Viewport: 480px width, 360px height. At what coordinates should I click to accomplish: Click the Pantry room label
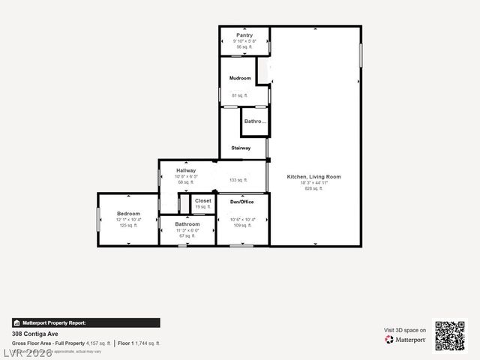(x=244, y=35)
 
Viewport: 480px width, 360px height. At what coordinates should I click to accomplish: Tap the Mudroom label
(x=240, y=78)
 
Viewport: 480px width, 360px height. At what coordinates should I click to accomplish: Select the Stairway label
(x=241, y=148)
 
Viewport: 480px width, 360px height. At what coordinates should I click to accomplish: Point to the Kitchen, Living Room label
(x=313, y=177)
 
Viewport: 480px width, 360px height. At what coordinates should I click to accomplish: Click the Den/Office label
(x=241, y=202)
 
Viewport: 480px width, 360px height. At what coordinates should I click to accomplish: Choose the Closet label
(x=203, y=201)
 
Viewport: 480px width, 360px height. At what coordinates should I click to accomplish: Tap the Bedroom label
(x=128, y=214)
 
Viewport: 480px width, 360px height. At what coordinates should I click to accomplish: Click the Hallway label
(x=186, y=171)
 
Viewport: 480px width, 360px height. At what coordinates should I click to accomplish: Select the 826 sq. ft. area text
(x=313, y=189)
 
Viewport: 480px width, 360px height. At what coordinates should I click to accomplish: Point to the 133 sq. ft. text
(x=238, y=180)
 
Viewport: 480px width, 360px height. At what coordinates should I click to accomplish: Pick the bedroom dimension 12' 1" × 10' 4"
(x=128, y=220)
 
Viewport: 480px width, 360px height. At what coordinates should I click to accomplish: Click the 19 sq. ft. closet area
(x=203, y=207)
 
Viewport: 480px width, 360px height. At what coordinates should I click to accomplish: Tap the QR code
(x=450, y=336)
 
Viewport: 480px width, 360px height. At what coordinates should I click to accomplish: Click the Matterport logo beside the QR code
(x=406, y=340)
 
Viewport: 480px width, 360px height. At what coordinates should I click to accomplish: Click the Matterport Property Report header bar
(x=85, y=322)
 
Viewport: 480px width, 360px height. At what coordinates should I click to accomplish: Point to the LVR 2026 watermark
(x=28, y=352)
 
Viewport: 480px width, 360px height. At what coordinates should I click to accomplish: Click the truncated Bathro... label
(x=256, y=121)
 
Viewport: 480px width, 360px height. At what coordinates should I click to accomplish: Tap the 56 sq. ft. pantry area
(x=244, y=47)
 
